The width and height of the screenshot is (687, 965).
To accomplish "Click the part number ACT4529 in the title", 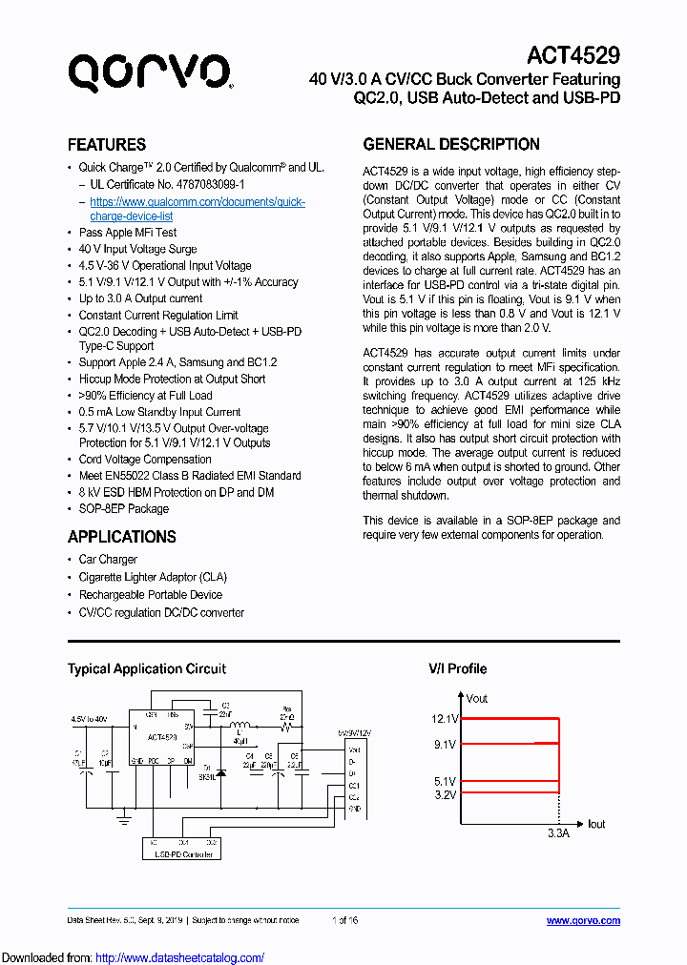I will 572,56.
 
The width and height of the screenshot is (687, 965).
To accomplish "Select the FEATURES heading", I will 107,145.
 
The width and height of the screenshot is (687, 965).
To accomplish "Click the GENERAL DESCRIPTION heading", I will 451,145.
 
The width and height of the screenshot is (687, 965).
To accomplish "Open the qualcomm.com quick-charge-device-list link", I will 198,209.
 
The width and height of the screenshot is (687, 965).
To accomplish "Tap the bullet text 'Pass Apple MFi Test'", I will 128,233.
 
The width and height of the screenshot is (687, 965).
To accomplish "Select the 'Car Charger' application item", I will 108,560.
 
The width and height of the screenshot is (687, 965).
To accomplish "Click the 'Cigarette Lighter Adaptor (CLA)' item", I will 153,577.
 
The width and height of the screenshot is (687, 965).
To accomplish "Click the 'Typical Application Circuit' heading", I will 147,669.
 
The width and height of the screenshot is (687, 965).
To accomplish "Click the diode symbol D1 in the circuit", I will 220,770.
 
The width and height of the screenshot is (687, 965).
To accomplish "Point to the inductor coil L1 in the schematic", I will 239,722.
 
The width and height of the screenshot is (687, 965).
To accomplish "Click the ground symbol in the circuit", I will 123,816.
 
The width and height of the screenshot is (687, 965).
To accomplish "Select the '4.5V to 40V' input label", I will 89,718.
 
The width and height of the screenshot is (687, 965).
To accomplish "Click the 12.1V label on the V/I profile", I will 445,718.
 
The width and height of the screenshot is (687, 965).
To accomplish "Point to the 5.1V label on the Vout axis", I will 446,781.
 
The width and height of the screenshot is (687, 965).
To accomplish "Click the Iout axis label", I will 596,824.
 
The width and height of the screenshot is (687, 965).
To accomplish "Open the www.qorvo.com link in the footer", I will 583,920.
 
